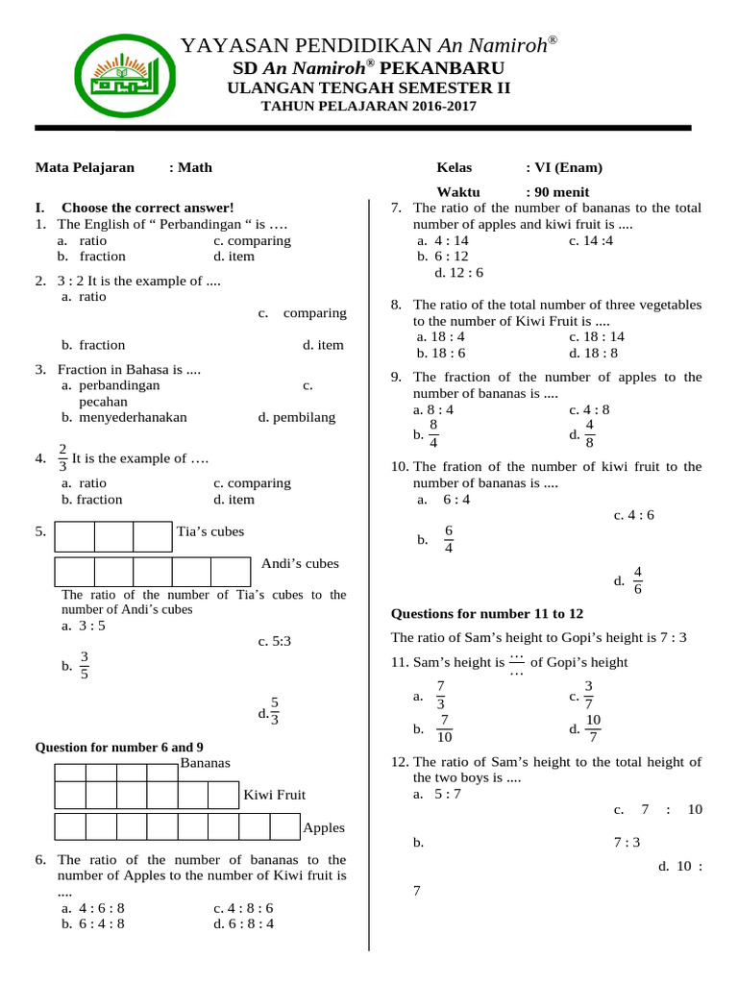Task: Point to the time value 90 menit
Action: (557, 191)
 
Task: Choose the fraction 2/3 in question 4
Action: (63, 458)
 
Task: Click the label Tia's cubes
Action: (210, 531)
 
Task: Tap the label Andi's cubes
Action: (300, 564)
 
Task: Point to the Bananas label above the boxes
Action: (205, 763)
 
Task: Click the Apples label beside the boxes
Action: (324, 827)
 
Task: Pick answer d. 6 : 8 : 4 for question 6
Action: (244, 924)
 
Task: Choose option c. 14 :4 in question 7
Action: (590, 240)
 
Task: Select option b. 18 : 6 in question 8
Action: (441, 353)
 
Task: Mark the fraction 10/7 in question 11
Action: (593, 728)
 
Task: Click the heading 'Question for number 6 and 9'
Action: (119, 747)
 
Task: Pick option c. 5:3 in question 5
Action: (274, 641)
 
